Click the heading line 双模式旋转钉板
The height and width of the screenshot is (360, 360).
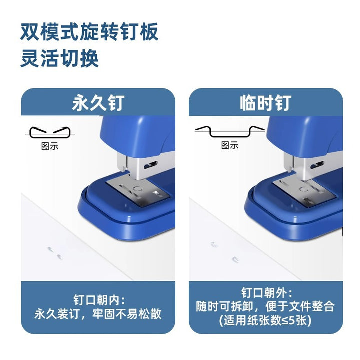(89, 31)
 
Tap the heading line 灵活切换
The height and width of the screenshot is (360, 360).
(59, 58)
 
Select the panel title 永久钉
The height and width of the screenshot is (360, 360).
(98, 103)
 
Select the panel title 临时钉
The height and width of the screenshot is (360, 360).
(266, 103)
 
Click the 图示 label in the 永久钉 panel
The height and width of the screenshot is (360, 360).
(50, 146)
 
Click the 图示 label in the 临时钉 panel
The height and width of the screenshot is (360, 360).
(230, 145)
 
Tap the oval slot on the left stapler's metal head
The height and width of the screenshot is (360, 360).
(151, 165)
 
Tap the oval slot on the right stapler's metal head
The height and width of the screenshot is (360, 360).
(317, 165)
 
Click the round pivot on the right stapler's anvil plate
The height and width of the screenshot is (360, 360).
(304, 189)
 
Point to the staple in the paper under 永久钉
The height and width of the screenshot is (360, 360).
(54, 253)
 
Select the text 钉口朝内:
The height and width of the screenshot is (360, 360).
(99, 300)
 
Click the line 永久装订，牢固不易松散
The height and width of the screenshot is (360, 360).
(98, 314)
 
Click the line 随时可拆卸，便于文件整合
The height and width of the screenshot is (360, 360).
(265, 306)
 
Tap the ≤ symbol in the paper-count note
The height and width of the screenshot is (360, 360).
(285, 320)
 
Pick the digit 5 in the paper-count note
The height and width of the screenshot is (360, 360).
(292, 320)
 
